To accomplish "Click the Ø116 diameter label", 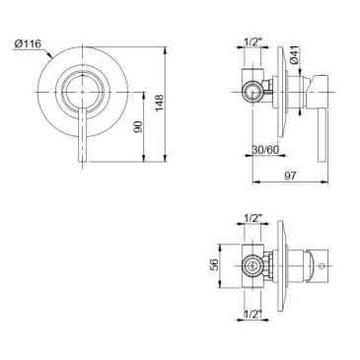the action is [x=28, y=43].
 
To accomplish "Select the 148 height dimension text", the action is [x=160, y=103].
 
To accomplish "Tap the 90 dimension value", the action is [x=139, y=127].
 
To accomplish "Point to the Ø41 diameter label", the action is [x=294, y=54].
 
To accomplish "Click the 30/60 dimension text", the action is [x=265, y=150].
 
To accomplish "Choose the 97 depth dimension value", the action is [x=290, y=176].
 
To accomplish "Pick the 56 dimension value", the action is [x=214, y=265].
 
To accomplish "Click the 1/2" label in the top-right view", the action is [x=252, y=41].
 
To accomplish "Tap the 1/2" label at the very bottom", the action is [x=252, y=314].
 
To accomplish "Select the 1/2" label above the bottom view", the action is [x=252, y=218].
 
